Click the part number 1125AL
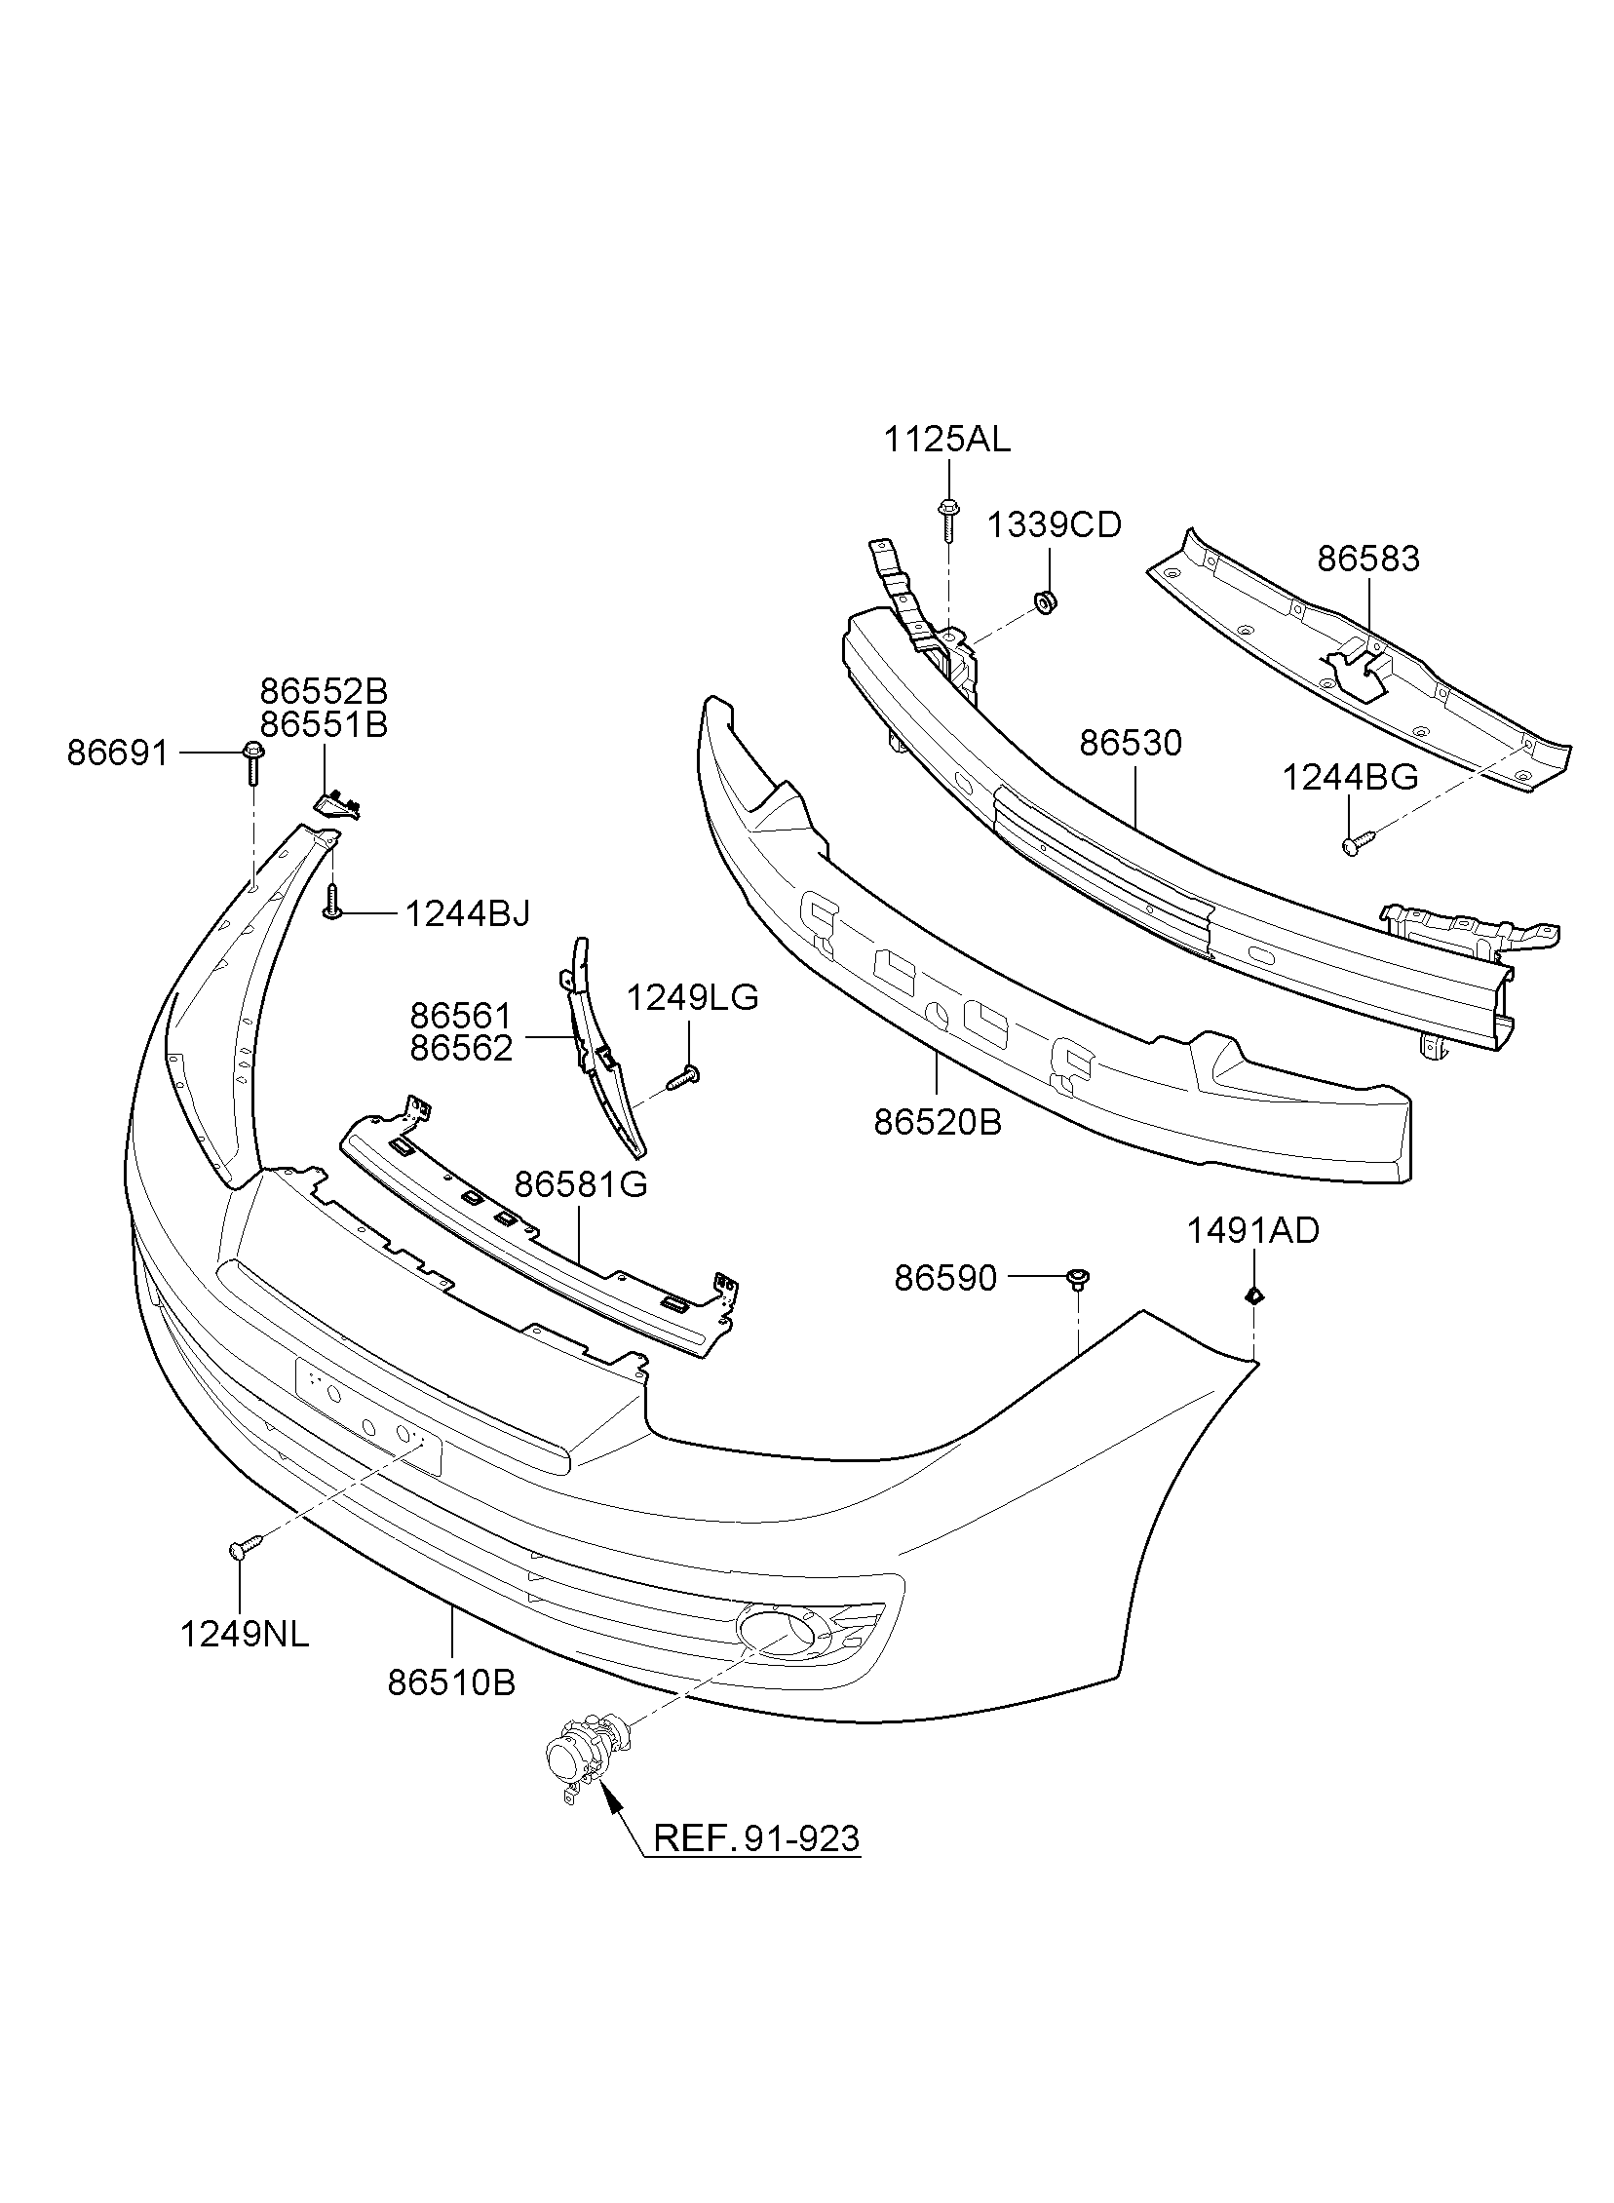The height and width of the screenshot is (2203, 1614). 946,440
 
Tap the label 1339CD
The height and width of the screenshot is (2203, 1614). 1055,525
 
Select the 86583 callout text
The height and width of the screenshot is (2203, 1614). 1367,559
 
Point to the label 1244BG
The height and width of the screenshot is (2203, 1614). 1350,777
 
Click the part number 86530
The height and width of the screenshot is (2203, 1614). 1132,744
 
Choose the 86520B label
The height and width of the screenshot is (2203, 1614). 938,1124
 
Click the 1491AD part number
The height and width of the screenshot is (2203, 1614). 1252,1231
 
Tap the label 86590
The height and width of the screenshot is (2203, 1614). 945,1278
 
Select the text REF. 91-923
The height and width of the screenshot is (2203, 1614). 756,1838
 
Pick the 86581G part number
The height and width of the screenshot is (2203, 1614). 581,1185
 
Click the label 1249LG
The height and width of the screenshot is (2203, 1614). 692,997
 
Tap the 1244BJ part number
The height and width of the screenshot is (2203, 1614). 467,913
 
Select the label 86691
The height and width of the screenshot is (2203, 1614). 118,754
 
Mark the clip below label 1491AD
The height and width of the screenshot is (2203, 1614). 1254,1295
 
